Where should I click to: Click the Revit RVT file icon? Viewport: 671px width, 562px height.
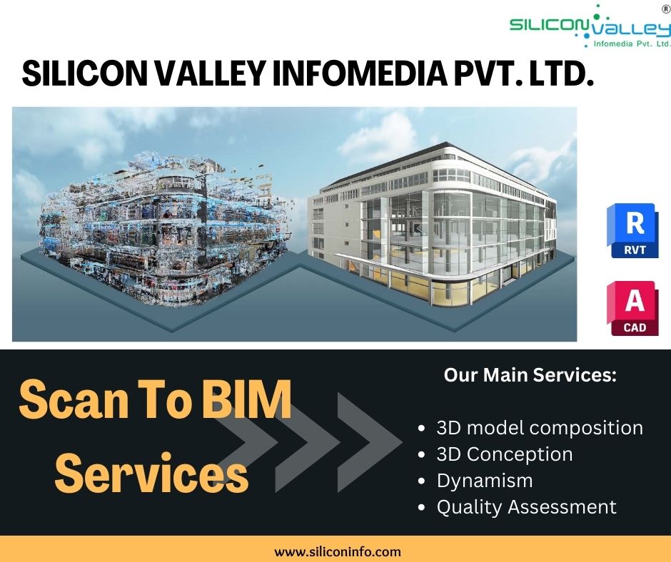632,230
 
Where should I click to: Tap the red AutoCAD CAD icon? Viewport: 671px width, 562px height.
632,308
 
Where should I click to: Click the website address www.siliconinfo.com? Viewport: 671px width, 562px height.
337,552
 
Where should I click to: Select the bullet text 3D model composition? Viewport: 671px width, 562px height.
540,428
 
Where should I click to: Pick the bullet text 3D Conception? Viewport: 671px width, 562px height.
505,454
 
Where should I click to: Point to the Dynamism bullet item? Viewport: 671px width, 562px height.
485,481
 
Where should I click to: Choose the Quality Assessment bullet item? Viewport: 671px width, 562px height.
526,507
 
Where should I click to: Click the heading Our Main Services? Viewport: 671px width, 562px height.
530,374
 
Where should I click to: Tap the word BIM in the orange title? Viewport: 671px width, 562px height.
247,400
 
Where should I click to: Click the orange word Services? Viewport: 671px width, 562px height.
152,474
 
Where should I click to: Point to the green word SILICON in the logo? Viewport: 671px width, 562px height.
549,24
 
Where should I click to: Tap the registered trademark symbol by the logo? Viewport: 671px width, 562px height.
666,9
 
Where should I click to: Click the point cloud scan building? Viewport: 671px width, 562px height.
165,230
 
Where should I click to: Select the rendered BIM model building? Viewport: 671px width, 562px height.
432,224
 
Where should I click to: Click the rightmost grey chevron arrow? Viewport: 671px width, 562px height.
370,442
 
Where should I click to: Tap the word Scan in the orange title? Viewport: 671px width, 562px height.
74,400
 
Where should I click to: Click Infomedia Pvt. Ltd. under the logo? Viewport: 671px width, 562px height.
632,44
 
